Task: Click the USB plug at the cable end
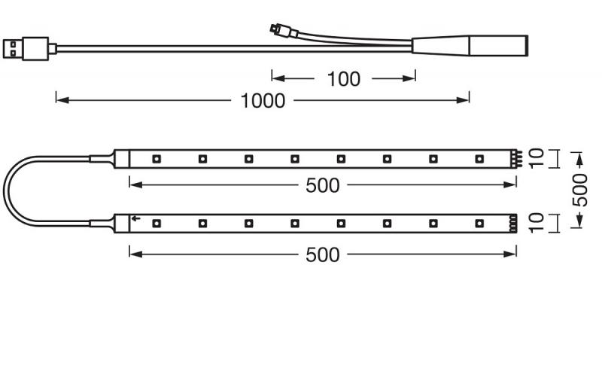pyautogui.click(x=26, y=49)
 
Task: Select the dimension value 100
pyautogui.click(x=344, y=79)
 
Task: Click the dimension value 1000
pyautogui.click(x=263, y=101)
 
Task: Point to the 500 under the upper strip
pyautogui.click(x=323, y=186)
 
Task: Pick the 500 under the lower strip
pyautogui.click(x=323, y=255)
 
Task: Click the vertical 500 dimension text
pyautogui.click(x=579, y=190)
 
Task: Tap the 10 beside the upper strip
pyautogui.click(x=537, y=158)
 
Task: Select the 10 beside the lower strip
pyautogui.click(x=537, y=223)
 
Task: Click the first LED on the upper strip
pyautogui.click(x=157, y=159)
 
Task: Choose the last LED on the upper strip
pyautogui.click(x=479, y=159)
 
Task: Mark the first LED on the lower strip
pyautogui.click(x=157, y=223)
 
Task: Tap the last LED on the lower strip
pyautogui.click(x=479, y=223)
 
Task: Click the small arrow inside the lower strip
pyautogui.click(x=135, y=218)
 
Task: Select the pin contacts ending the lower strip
pyautogui.click(x=513, y=223)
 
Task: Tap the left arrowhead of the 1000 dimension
pyautogui.click(x=62, y=100)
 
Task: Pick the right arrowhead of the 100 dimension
pyautogui.click(x=409, y=78)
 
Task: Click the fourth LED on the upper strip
pyautogui.click(x=294, y=159)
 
